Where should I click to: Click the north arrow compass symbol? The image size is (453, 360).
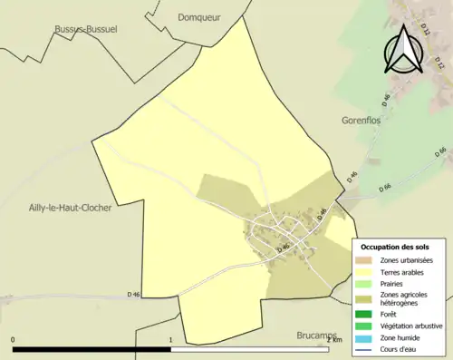pos(404,51)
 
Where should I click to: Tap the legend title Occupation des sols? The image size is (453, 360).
pos(395,247)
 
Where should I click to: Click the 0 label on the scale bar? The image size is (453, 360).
pos(13,340)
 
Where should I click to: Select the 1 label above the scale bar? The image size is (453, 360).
pos(171,340)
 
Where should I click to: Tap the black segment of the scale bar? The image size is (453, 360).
pos(92,349)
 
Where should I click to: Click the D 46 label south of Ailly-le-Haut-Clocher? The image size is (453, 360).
pos(134,294)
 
